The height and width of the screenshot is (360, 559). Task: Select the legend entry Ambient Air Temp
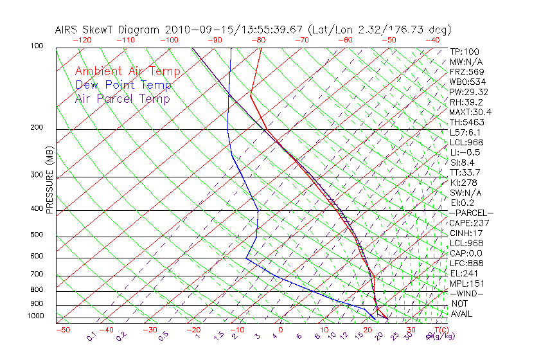point(127,71)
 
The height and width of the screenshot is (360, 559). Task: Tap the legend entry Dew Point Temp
point(123,85)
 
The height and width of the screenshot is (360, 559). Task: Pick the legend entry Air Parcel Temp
point(123,98)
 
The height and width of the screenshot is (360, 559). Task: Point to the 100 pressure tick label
point(37,46)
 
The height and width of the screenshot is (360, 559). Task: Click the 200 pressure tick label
point(37,128)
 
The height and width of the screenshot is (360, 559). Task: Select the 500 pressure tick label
point(37,235)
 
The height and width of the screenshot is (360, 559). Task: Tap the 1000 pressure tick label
point(35,316)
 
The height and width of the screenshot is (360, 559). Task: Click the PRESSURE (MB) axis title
point(49,179)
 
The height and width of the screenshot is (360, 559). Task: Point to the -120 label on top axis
point(82,40)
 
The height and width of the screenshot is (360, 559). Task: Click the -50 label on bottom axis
point(62,330)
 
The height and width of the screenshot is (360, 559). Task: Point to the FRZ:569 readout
point(466,72)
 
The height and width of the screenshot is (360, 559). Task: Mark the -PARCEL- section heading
point(471,213)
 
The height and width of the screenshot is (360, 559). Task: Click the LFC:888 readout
point(466,264)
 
